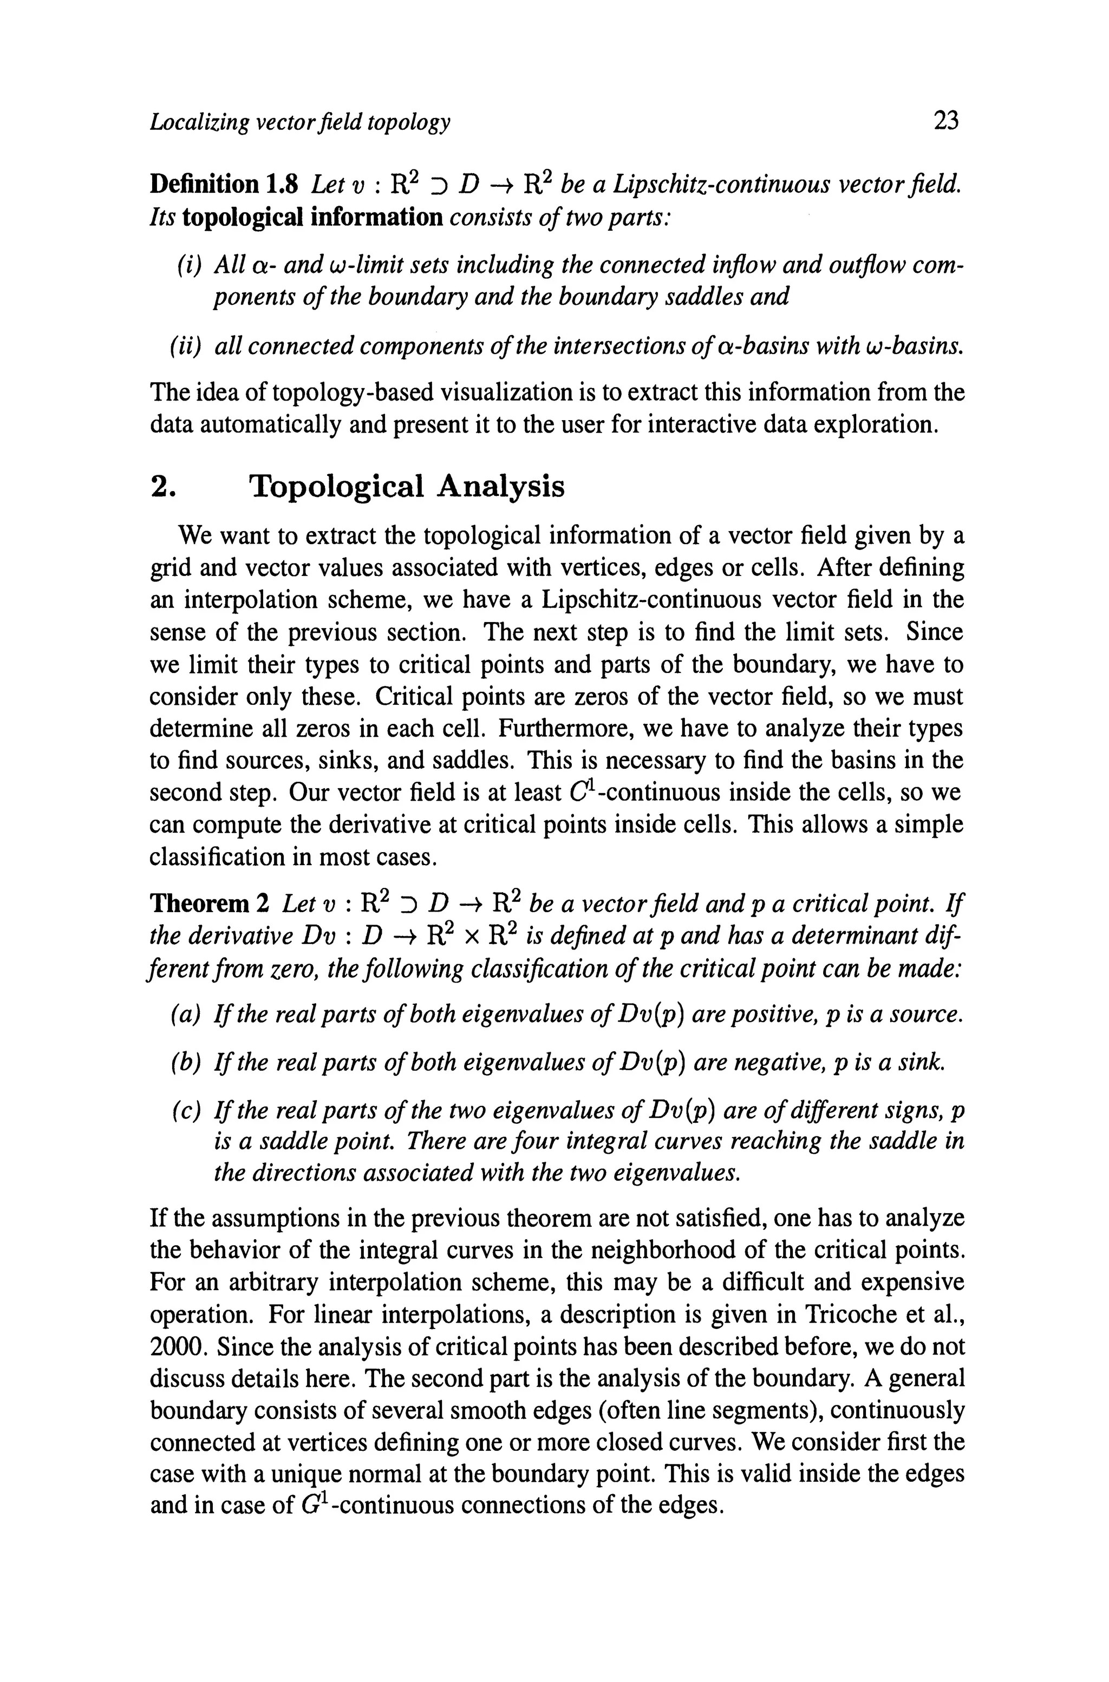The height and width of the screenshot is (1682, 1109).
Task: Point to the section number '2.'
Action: coord(164,487)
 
